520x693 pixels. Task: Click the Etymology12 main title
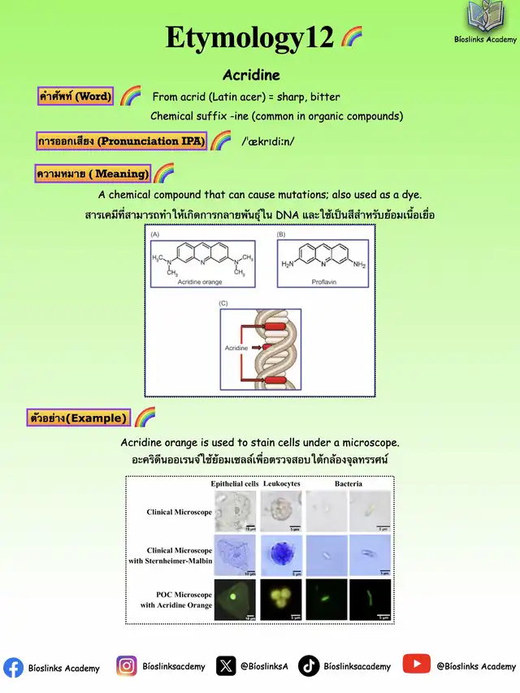click(249, 37)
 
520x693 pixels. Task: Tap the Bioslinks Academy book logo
click(485, 17)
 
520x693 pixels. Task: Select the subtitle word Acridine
click(251, 75)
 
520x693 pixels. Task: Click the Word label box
click(76, 96)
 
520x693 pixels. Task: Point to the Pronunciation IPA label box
click(121, 141)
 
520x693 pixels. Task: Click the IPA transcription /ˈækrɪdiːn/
click(268, 141)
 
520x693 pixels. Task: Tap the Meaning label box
click(93, 173)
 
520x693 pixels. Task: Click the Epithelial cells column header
click(235, 483)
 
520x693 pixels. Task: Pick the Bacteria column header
click(349, 483)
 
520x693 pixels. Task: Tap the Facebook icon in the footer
click(13, 667)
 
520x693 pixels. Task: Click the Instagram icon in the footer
click(127, 666)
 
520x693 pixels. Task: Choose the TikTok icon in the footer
click(309, 666)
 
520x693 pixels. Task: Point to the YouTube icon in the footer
click(417, 665)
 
